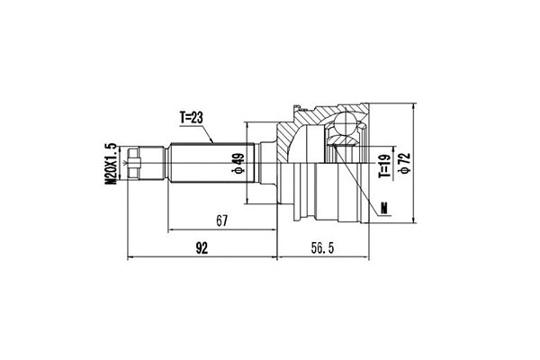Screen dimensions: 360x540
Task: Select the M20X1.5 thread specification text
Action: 112,163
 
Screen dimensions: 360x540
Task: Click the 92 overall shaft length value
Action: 202,249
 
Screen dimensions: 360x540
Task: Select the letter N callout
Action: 384,209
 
